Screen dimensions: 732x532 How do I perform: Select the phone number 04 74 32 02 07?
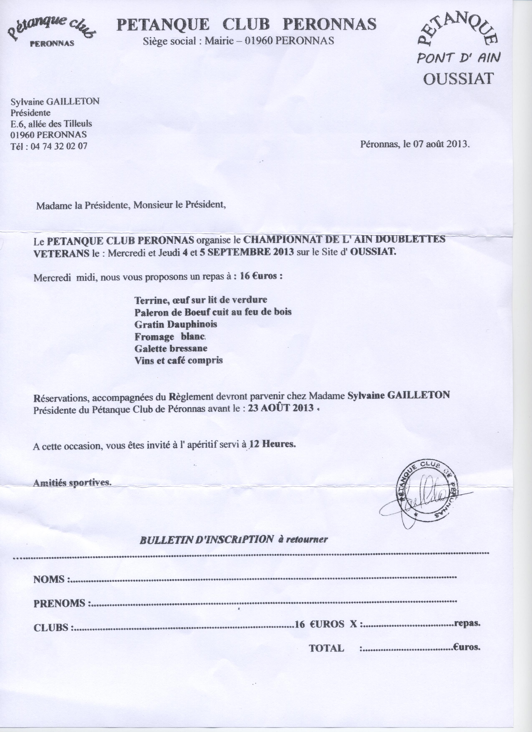(x=58, y=146)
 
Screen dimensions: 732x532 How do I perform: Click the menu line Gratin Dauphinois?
(x=176, y=324)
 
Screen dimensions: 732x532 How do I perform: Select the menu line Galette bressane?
(x=171, y=348)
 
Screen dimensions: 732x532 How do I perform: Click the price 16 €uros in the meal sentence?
(x=258, y=277)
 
